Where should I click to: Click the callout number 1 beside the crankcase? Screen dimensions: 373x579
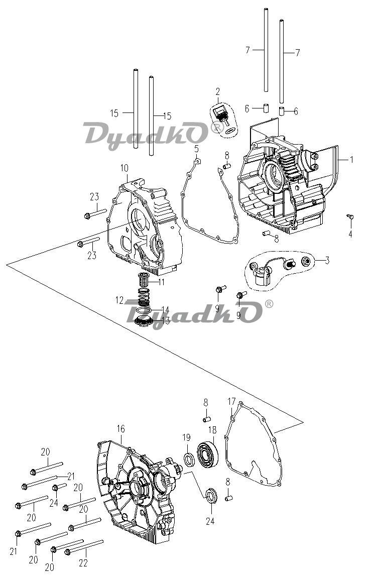coord(351,160)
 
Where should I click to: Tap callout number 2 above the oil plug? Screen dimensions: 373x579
coord(217,91)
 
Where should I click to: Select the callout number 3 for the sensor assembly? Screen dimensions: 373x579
coord(327,260)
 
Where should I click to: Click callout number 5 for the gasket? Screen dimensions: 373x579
coord(196,149)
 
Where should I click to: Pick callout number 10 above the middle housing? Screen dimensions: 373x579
coord(124,168)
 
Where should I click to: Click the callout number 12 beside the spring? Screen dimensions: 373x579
coord(119,300)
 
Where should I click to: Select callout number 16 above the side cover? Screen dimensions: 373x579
coord(121,429)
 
